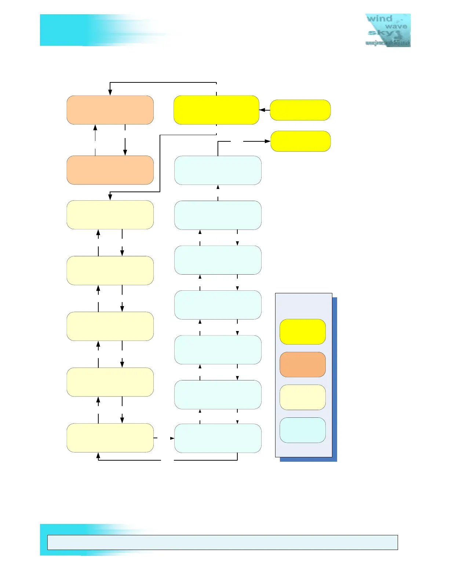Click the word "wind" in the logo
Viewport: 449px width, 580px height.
pos(379,19)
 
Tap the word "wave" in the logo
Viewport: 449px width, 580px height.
pos(396,26)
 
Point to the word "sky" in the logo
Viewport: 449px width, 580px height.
pos(377,33)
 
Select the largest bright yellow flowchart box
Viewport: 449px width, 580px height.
pos(216,110)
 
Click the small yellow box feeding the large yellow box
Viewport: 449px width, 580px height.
pos(300,110)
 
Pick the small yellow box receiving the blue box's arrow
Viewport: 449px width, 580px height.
pos(300,141)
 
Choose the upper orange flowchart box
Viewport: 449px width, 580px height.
pos(110,110)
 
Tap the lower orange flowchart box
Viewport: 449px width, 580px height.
pos(110,170)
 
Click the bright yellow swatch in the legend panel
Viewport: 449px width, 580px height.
pos(303,332)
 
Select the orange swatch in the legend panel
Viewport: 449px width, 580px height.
pos(303,364)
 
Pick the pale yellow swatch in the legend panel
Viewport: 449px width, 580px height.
pos(303,397)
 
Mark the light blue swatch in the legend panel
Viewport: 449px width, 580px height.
pos(303,430)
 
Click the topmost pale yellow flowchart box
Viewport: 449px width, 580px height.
pos(110,215)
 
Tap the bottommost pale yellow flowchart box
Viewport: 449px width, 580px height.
pos(110,438)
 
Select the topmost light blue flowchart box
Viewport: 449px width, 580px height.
pos(218,170)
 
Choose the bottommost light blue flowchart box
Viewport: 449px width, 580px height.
pos(218,438)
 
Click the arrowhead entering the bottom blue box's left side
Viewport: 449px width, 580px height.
pos(172,438)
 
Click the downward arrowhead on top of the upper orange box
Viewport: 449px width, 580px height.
pos(110,93)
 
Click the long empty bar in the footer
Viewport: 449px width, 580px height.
pos(222,542)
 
